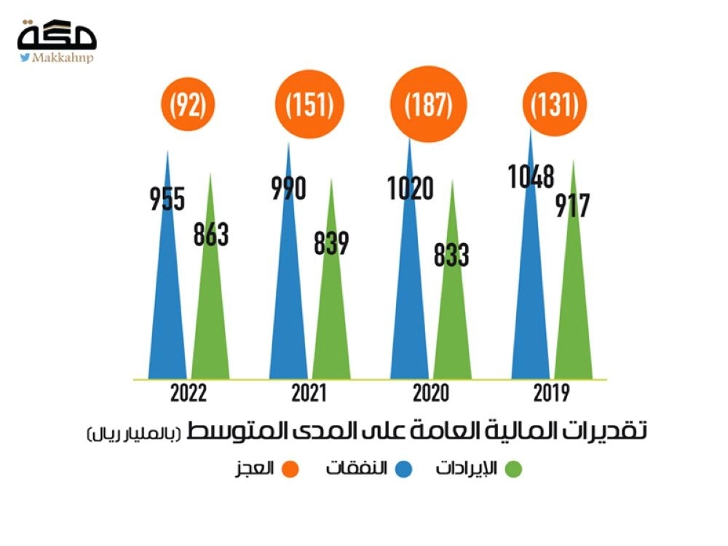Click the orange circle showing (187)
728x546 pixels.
pyautogui.click(x=430, y=106)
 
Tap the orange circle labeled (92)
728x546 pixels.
pyautogui.click(x=189, y=106)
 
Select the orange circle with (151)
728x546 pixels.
pyautogui.click(x=309, y=106)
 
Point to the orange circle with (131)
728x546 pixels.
pyautogui.click(x=554, y=106)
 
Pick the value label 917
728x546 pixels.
pyautogui.click(x=572, y=206)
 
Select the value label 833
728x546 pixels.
pyautogui.click(x=451, y=256)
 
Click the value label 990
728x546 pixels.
pyautogui.click(x=288, y=189)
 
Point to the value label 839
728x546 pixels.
pyautogui.click(x=331, y=243)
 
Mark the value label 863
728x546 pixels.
pyautogui.click(x=211, y=234)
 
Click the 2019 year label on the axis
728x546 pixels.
pyautogui.click(x=551, y=394)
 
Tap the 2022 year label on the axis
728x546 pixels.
pyautogui.click(x=189, y=394)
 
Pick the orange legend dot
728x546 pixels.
pyautogui.click(x=289, y=468)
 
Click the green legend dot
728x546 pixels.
pyautogui.click(x=513, y=468)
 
